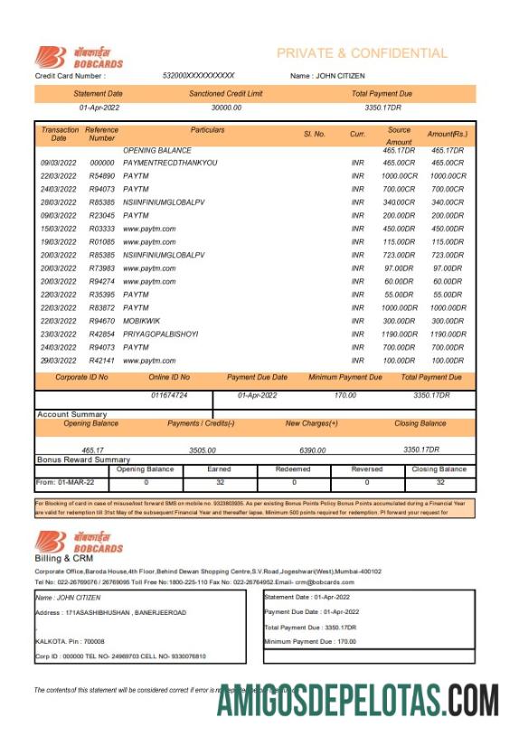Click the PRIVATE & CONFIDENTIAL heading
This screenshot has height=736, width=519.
click(x=362, y=53)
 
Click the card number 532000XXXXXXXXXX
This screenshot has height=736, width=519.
click(x=199, y=76)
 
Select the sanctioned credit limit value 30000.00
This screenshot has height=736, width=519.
click(x=226, y=108)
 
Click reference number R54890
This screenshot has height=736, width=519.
click(x=102, y=175)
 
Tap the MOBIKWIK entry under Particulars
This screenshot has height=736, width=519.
click(x=141, y=321)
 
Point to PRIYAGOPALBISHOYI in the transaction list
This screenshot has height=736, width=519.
click(x=160, y=334)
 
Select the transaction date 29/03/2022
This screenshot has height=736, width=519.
click(x=58, y=360)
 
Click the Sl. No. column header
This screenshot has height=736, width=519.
click(x=315, y=134)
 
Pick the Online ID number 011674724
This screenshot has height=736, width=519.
click(x=169, y=395)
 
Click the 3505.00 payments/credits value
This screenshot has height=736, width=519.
click(x=202, y=449)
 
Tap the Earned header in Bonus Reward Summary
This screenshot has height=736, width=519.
click(x=219, y=469)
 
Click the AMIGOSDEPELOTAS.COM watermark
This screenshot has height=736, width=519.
click(x=357, y=699)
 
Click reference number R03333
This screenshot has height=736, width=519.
click(x=102, y=229)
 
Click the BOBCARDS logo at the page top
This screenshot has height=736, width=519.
click(x=79, y=57)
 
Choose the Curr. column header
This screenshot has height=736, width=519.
click(x=357, y=134)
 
